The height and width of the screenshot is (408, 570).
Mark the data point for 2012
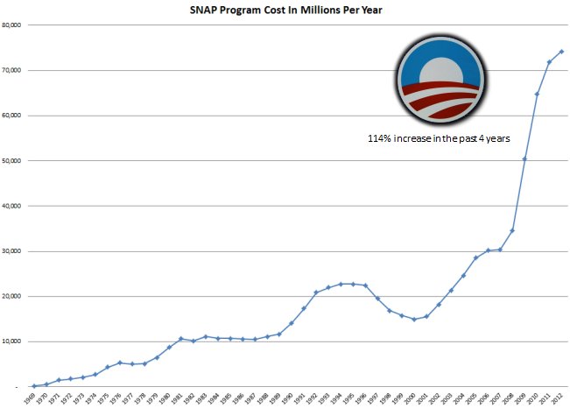[561, 52]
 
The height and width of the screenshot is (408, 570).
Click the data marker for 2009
[524, 158]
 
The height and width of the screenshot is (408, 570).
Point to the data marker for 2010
[537, 94]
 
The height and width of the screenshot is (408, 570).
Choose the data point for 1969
[34, 386]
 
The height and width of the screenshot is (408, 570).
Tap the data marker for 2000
[414, 319]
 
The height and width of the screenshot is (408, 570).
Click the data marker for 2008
[512, 230]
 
